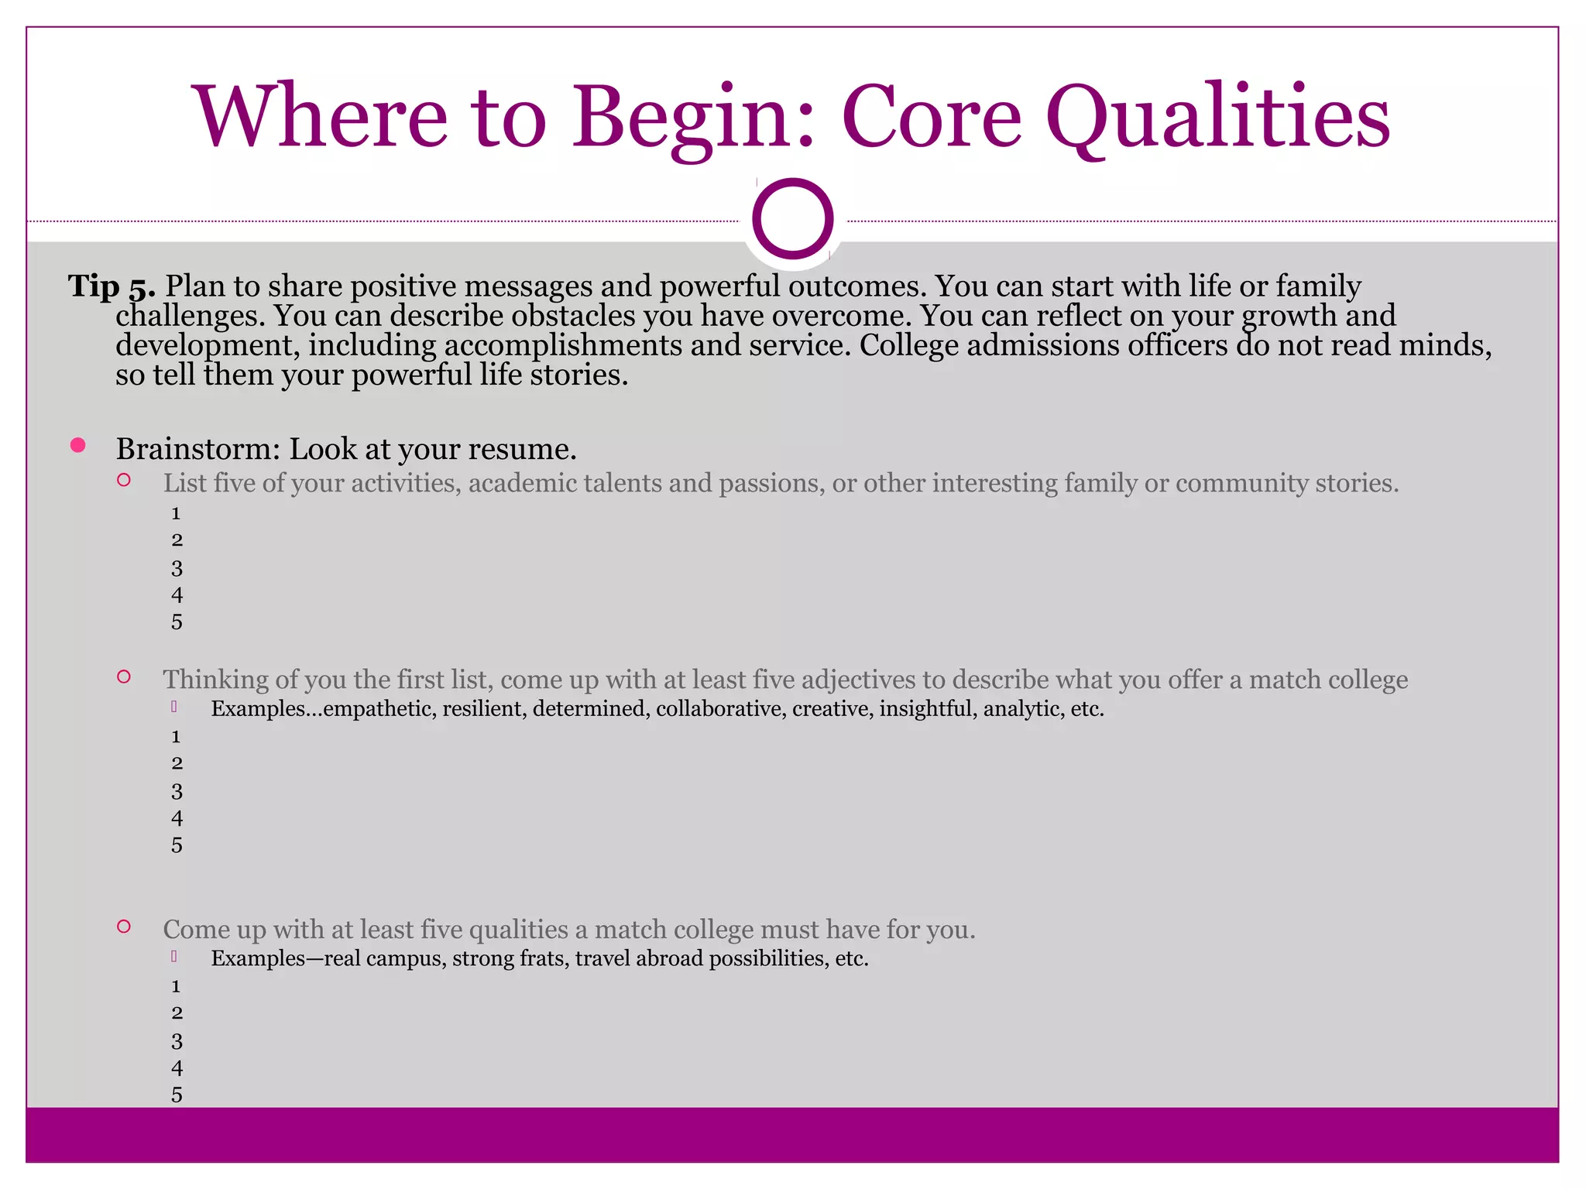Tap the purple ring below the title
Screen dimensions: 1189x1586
(792, 219)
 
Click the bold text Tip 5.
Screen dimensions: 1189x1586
(112, 286)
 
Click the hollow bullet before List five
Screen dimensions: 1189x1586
(124, 480)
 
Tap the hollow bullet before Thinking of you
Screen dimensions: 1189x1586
(124, 677)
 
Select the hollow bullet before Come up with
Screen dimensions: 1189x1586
(124, 926)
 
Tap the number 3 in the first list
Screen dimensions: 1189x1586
(177, 569)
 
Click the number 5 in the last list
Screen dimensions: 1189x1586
(177, 1095)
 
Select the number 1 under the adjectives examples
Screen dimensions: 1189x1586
(176, 737)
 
